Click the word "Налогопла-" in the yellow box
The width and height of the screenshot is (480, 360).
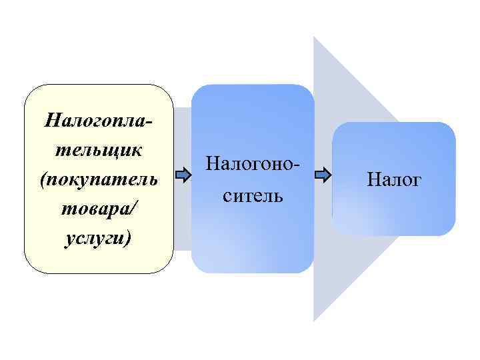pos(98,121)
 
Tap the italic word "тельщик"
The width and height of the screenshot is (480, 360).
pos(98,150)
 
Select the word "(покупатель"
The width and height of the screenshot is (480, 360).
pos(98,179)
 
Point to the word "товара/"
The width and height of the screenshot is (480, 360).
pos(98,209)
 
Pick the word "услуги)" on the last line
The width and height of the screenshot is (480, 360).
pos(98,238)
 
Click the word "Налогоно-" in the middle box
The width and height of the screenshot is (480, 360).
pos(253,163)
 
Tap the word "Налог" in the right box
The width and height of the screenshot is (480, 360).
pos(394,179)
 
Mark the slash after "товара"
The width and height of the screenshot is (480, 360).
pos(136,209)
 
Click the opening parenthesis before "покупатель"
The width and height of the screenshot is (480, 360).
pos(43,180)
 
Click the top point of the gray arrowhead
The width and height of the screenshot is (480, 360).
pos(314,37)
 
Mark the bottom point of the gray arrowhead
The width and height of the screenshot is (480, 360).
pos(314,321)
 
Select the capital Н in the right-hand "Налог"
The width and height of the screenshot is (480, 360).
pos(371,179)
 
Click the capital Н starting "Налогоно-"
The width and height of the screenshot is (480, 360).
pos(213,163)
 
